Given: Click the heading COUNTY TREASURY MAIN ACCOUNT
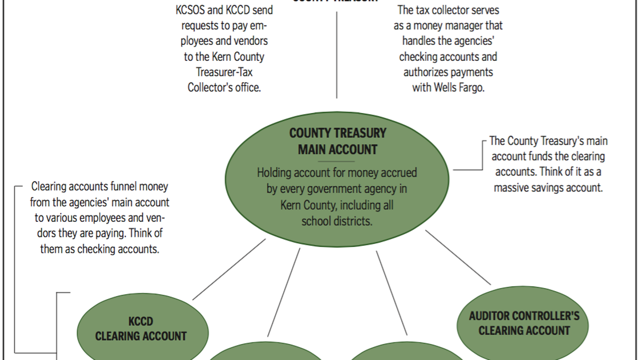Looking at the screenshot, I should tap(338, 141).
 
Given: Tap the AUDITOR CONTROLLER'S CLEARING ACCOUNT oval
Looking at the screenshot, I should tap(524, 323).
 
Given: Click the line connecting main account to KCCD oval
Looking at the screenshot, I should tap(229, 269).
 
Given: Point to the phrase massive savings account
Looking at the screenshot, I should tap(548, 188).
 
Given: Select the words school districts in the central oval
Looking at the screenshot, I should tap(337, 221).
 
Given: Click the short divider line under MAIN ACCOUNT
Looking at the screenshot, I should tap(338, 161).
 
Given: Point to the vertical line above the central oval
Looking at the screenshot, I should tap(337, 53).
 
